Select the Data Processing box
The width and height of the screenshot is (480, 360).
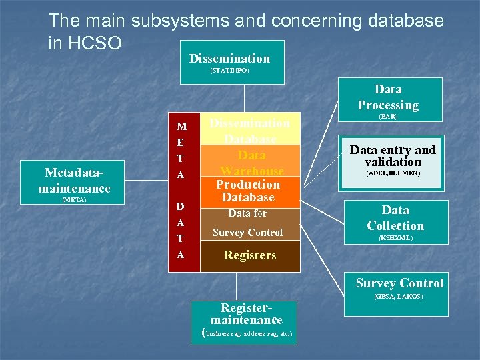coord(388,100)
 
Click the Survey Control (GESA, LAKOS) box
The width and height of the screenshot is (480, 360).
coord(399,287)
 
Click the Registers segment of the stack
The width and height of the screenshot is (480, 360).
coord(250,255)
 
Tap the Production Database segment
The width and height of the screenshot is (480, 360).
coord(248,191)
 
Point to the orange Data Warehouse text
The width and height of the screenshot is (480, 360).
coord(252,163)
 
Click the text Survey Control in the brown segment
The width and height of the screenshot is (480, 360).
coord(247,233)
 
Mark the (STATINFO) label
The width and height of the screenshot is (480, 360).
coord(229,71)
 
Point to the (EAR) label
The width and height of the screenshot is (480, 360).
coord(388,116)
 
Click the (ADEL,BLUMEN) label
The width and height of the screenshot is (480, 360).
coord(393,174)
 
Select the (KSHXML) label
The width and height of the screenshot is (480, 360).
coord(395,237)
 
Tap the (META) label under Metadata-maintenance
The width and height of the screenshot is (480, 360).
coord(74,199)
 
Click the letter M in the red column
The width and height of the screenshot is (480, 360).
coord(181,126)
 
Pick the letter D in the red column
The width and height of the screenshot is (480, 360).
coord(181,206)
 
